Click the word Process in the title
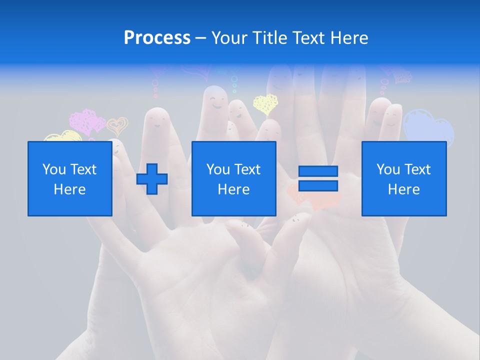tap(157, 38)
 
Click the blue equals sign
tap(318, 178)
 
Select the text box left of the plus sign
tap(70, 178)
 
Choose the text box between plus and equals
tap(233, 178)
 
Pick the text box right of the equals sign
tap(404, 178)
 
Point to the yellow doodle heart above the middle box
tap(265, 104)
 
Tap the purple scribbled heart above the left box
tap(86, 121)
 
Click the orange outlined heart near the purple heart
tap(118, 126)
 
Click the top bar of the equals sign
tap(318, 171)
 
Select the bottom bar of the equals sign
tap(318, 185)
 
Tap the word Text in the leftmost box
tap(83, 169)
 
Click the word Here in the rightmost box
tap(404, 189)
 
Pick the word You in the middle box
tap(218, 169)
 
